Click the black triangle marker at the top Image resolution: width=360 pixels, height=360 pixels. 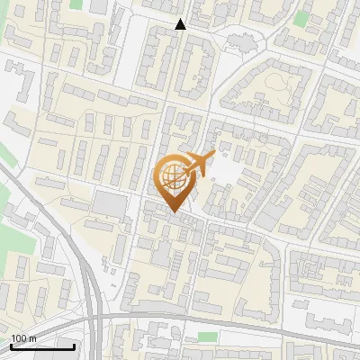click(180, 24)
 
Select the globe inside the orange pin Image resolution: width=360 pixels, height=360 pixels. click(172, 174)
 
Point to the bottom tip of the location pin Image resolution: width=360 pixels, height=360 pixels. click(173, 211)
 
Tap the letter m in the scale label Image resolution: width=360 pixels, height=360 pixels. click(33, 338)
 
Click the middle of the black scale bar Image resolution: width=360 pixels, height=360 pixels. click(42, 346)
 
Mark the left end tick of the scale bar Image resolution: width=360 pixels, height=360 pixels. click(11, 345)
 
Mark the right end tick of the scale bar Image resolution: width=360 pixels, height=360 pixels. click(74, 345)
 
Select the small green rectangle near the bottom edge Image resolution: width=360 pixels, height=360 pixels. click(208, 337)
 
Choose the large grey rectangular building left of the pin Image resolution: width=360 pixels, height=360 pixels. click(111, 205)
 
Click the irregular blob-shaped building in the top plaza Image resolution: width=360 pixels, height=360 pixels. click(241, 41)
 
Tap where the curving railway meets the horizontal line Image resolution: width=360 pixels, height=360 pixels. click(96, 317)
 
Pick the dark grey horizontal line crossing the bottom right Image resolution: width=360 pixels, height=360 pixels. click(270, 328)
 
